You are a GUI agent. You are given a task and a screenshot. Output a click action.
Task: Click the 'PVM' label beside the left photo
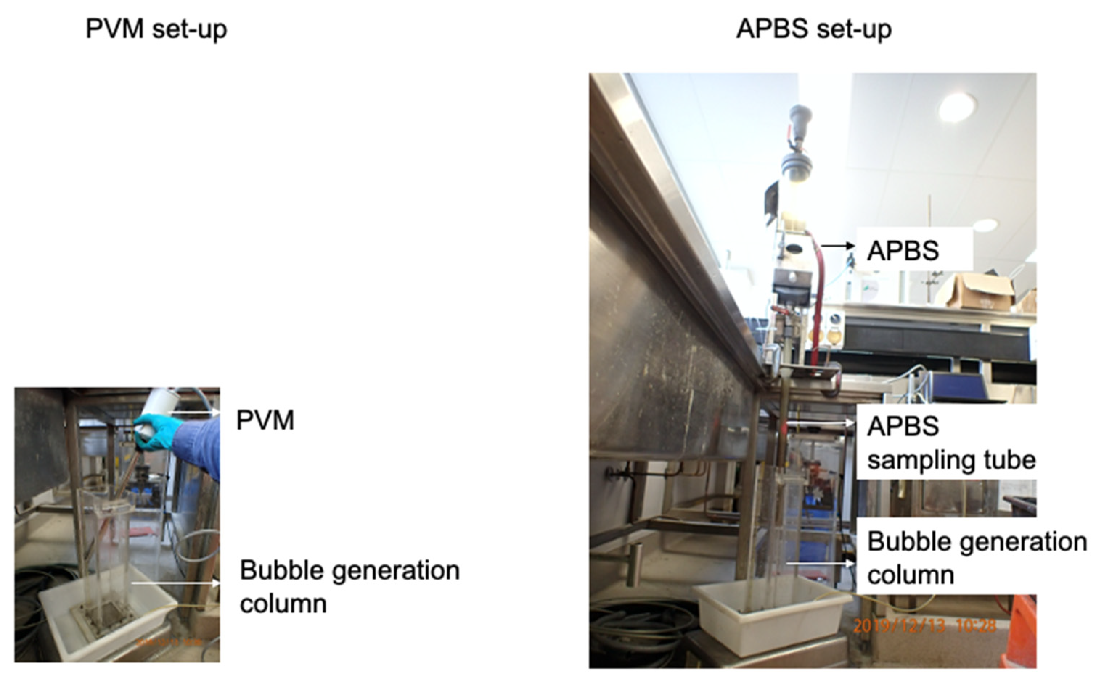(x=265, y=420)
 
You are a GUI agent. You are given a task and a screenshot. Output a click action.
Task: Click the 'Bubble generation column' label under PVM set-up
(x=349, y=587)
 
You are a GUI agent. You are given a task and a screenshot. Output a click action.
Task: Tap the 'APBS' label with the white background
(x=903, y=251)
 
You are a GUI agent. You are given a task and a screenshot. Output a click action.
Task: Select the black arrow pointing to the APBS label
(x=838, y=246)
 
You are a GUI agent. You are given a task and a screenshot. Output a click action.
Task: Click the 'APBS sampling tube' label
(x=950, y=443)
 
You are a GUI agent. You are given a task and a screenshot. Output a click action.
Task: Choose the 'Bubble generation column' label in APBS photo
(x=977, y=558)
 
